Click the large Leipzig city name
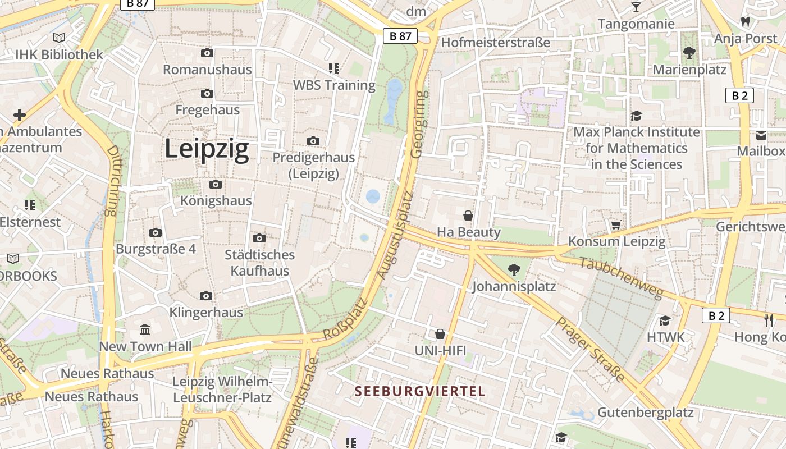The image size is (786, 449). point(207,149)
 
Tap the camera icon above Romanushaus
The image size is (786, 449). point(207,53)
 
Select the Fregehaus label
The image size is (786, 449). point(207,110)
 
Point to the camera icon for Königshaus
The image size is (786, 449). point(215,184)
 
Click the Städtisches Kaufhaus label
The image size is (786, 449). point(259,263)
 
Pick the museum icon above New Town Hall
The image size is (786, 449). point(145,329)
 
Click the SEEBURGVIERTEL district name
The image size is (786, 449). point(420,391)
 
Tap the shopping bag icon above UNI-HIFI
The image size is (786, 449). point(441,334)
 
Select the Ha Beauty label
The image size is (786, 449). point(468,232)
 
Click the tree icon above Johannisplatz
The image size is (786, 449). point(514,270)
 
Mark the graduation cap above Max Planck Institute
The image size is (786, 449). point(636,116)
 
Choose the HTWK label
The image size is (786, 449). point(666,337)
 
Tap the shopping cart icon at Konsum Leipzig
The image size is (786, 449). point(616,225)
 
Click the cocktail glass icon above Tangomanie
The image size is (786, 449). point(636,7)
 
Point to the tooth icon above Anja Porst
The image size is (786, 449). point(746,22)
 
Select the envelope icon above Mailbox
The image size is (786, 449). point(761,135)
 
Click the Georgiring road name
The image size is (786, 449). point(419,124)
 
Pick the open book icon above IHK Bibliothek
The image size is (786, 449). point(59,38)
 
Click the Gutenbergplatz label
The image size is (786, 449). point(645,413)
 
